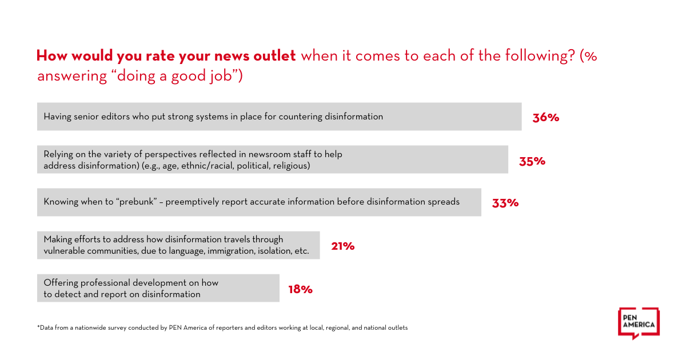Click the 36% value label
(545, 118)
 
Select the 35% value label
(532, 161)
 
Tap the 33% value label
(505, 203)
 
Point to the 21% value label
(342, 246)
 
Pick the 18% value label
(300, 289)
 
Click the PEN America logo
(639, 323)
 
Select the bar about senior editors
(279, 117)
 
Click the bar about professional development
(158, 288)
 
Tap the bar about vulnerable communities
(178, 245)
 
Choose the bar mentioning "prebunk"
(259, 202)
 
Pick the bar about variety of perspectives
(272, 159)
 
